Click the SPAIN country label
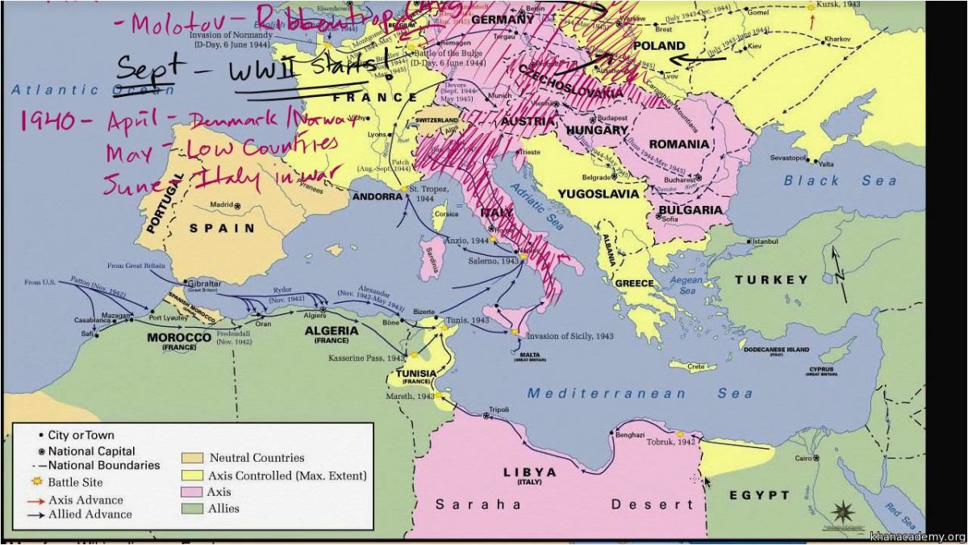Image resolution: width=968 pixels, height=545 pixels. (222, 228)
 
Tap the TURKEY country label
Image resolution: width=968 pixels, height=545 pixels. (770, 280)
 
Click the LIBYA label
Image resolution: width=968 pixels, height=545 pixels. (529, 472)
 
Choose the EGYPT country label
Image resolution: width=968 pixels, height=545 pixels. (759, 495)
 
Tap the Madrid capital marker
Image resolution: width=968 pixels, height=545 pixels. (237, 206)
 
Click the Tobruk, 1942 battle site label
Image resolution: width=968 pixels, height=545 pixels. (675, 442)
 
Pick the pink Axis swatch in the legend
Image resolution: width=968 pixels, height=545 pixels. (194, 492)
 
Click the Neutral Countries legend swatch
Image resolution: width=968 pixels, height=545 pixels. (194, 458)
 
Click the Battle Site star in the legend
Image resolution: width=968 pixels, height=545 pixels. (34, 482)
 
